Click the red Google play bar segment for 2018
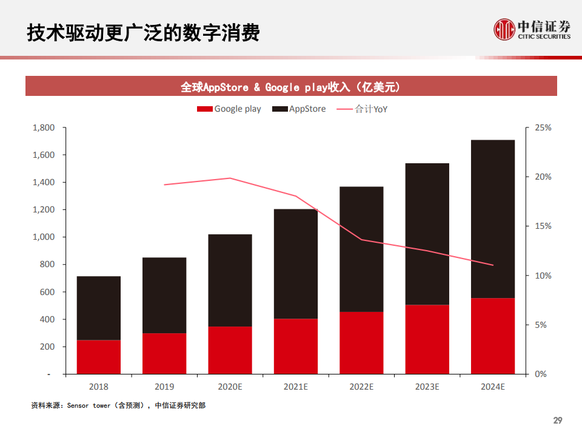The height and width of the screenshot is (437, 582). [x=98, y=357]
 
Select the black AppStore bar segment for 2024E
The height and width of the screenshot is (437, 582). [x=493, y=218]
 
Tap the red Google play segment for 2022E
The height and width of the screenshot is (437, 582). [x=361, y=343]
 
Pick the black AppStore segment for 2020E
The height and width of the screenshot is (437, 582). [x=230, y=280]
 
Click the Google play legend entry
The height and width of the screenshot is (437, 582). [x=229, y=109]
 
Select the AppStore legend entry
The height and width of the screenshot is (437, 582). [x=299, y=109]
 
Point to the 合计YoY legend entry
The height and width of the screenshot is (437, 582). [x=362, y=109]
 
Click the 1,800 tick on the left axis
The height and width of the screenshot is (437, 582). [x=43, y=127]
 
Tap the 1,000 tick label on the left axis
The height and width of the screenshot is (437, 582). [x=43, y=237]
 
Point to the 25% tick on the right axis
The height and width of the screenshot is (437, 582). [x=543, y=127]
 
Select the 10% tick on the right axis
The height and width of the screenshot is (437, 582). [x=543, y=276]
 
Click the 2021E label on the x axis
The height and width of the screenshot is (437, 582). [x=295, y=387]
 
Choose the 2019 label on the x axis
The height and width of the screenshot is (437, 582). [x=164, y=387]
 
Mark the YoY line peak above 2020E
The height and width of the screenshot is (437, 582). [x=230, y=178]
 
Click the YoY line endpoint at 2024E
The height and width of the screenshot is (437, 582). [x=493, y=265]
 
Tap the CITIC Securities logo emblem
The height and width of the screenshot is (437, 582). [x=504, y=29]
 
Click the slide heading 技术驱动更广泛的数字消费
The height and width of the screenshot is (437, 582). [x=143, y=33]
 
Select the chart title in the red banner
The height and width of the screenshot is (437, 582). [x=290, y=87]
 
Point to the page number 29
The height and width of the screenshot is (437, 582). [x=558, y=421]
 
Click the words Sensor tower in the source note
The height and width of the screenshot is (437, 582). [x=89, y=405]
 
